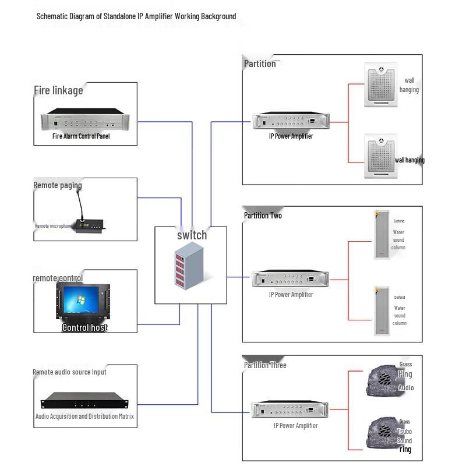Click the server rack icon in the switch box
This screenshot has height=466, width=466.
(x=190, y=266)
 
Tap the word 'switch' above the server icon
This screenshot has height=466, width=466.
(x=192, y=235)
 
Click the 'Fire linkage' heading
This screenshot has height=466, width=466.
(x=58, y=90)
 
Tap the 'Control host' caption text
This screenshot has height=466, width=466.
(x=85, y=327)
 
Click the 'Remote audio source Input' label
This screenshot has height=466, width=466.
(x=69, y=372)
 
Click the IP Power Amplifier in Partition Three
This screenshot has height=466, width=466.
(x=291, y=409)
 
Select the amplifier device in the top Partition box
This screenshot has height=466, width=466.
(x=291, y=121)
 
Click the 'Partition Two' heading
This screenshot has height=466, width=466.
(x=263, y=216)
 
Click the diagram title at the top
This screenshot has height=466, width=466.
(x=136, y=16)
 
